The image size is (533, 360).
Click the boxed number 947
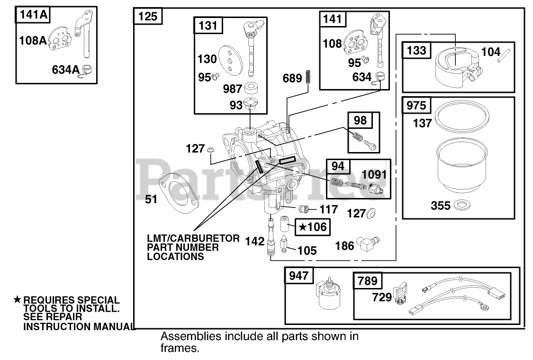click(298, 276)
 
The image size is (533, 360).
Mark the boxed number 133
click(416, 50)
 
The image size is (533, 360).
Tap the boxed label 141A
click(32, 15)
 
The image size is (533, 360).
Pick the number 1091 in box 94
click(374, 174)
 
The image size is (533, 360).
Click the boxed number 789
click(368, 281)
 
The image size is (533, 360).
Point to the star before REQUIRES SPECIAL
click(18, 299)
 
